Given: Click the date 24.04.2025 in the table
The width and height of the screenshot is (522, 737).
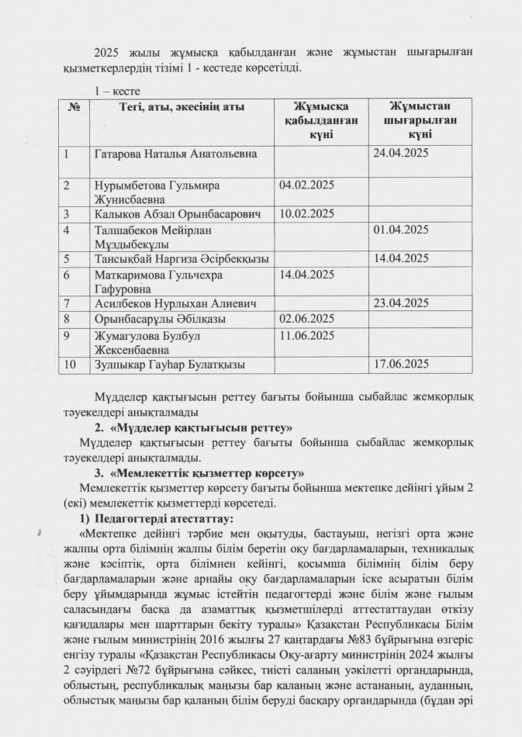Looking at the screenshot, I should pos(402,154).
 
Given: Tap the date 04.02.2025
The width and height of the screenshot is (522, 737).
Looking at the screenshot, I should pos(306,186).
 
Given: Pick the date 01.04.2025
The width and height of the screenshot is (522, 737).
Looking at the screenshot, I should pos(402,230).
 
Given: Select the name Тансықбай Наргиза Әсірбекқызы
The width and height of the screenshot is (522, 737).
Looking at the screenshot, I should pos(181,258).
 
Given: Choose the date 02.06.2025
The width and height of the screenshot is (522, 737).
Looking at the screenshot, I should pos(306,318).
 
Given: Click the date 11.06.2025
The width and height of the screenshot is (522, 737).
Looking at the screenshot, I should pos(306,335).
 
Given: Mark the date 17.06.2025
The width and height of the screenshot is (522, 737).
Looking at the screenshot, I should pos(402,363).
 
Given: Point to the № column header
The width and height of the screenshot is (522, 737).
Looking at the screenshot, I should pos(74,107).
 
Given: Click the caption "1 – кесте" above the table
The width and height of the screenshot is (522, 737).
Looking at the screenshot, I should pos(116,92).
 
